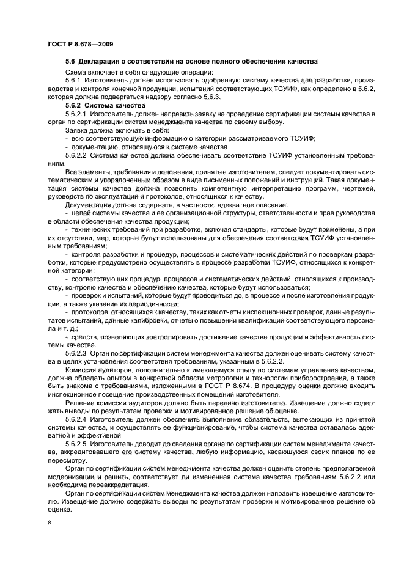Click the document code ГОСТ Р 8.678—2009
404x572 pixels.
coord(79,43)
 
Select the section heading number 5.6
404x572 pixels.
coord(70,62)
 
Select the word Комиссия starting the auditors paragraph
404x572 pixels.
coord(83,370)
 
